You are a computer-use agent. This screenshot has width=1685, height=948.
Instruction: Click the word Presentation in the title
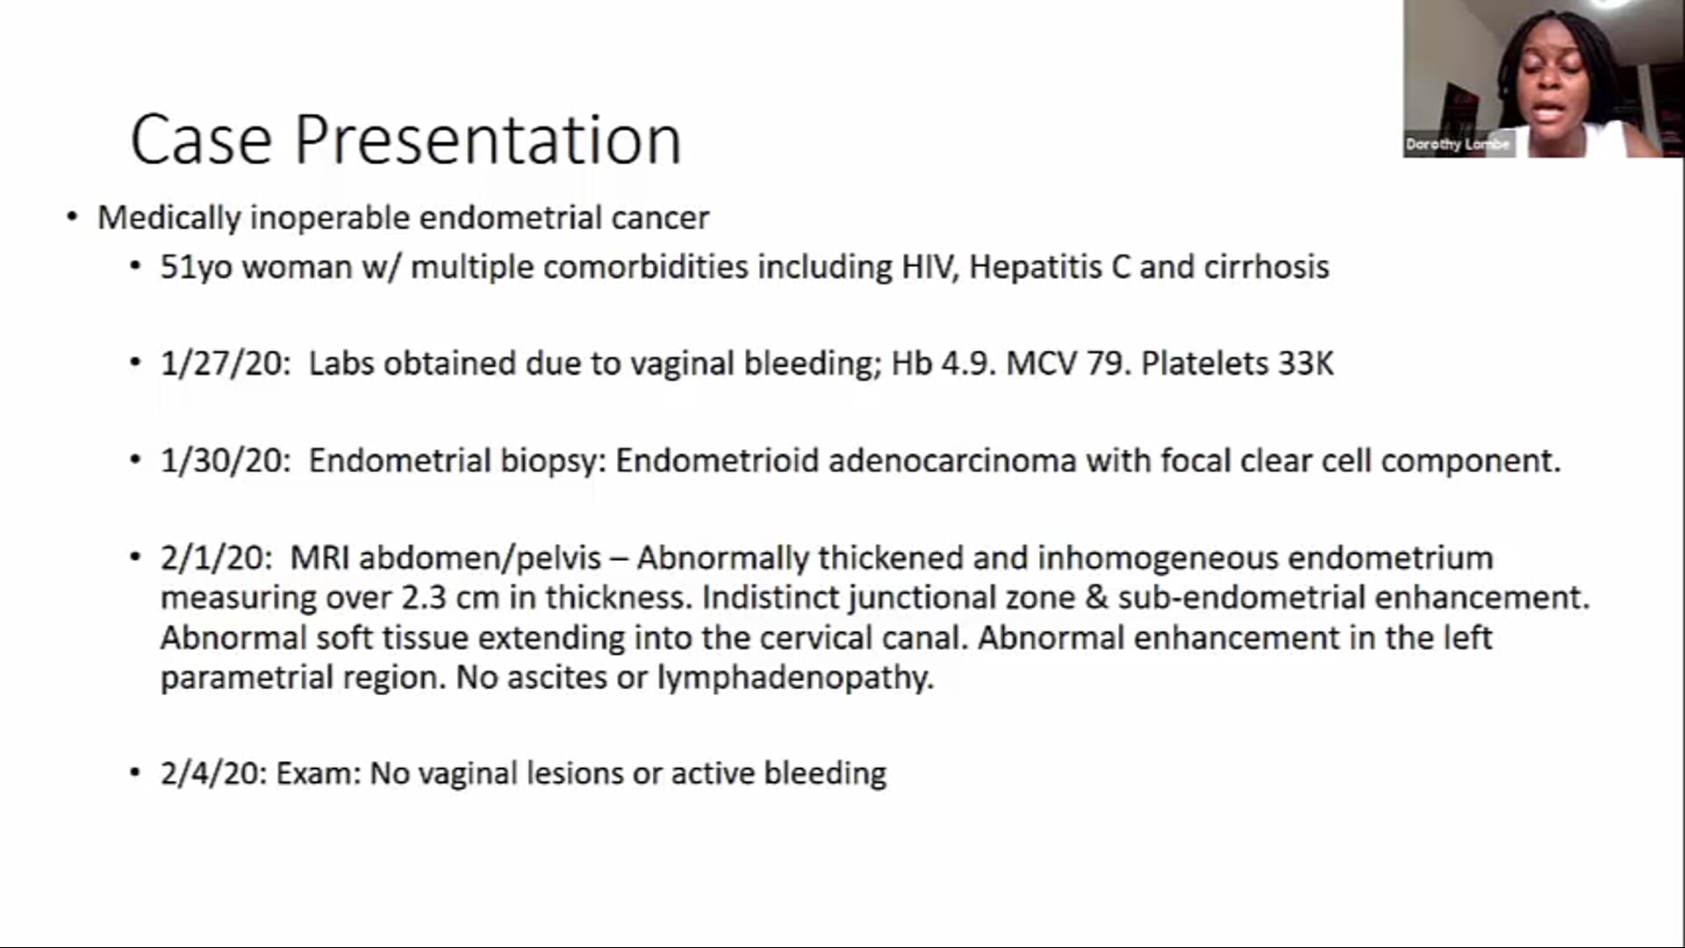tap(487, 140)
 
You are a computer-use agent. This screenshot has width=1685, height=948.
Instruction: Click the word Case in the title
tap(201, 140)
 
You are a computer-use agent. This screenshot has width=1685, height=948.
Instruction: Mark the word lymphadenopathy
tap(795, 678)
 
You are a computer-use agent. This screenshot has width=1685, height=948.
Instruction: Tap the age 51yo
tap(196, 267)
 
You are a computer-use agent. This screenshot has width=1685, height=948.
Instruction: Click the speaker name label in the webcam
tap(1457, 144)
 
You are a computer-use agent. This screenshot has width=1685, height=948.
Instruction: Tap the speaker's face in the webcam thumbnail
tap(1552, 79)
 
